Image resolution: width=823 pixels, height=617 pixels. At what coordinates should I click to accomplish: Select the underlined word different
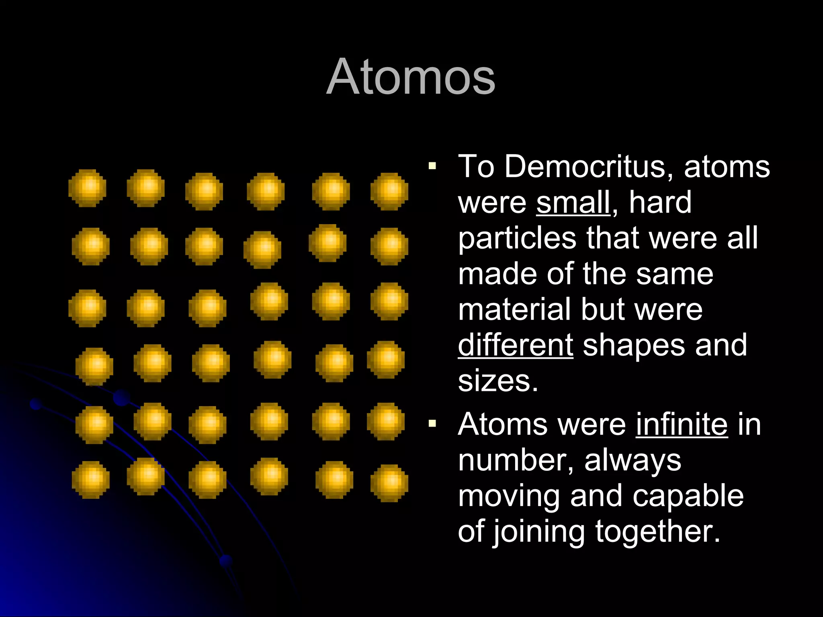[x=516, y=345]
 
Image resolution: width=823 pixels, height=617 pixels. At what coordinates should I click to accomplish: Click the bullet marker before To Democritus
[x=432, y=166]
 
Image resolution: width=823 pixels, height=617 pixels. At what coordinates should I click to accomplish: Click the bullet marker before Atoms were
[x=432, y=423]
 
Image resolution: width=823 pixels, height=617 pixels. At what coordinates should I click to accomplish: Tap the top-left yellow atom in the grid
[x=88, y=188]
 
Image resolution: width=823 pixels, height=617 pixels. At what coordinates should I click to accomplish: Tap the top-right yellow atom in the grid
[x=389, y=191]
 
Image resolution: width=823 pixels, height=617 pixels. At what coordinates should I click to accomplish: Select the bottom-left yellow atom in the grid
[x=91, y=480]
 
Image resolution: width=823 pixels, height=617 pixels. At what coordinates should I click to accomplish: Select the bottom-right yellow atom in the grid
[x=389, y=483]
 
